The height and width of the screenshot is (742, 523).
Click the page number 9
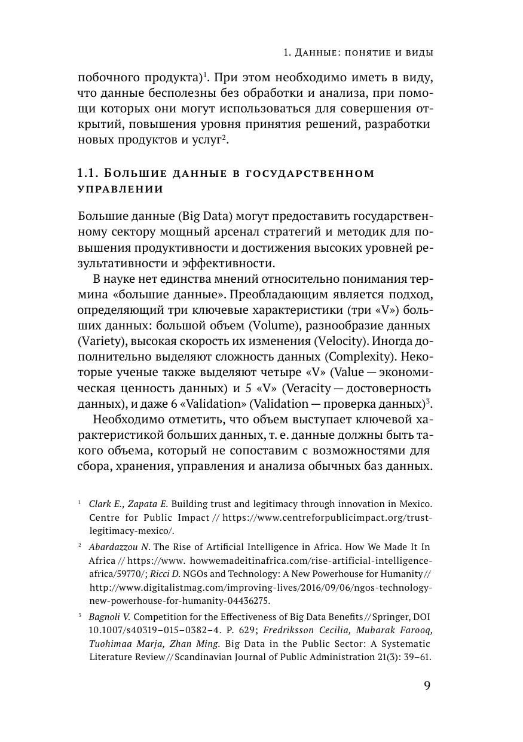[x=427, y=685]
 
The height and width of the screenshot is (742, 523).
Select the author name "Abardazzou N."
[x=119, y=547]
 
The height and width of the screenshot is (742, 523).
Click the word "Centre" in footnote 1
[x=103, y=517]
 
